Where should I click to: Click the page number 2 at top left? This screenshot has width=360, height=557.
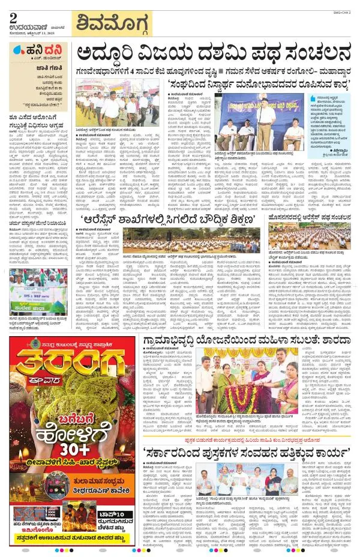(x=13, y=17)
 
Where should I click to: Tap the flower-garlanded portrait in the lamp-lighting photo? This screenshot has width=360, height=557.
(x=233, y=385)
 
